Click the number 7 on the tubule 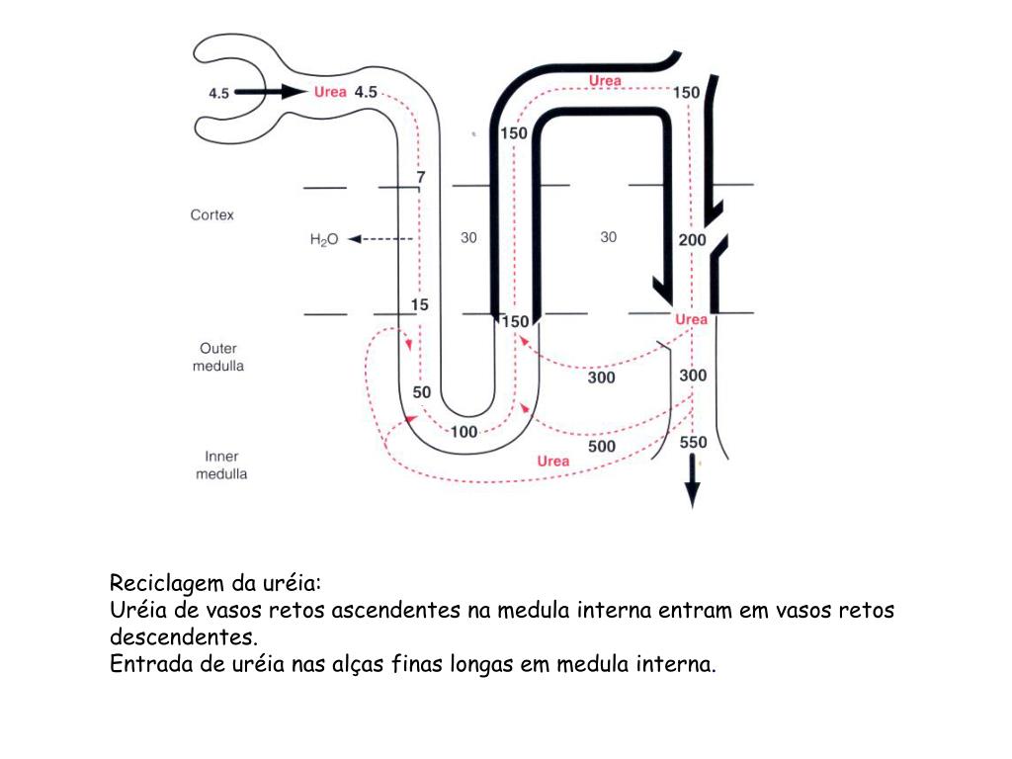coord(420,177)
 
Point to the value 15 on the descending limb coord(420,304)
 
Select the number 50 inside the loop coord(422,392)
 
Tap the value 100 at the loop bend coord(464,432)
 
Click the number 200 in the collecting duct coord(692,240)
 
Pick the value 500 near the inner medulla coord(602,447)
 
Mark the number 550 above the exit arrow coord(694,443)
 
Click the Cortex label coord(212,214)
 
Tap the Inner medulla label coord(221,465)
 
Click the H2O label coord(324,239)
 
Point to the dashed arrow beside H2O coord(379,239)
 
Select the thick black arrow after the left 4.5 coord(272,92)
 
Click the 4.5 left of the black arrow coord(218,93)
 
